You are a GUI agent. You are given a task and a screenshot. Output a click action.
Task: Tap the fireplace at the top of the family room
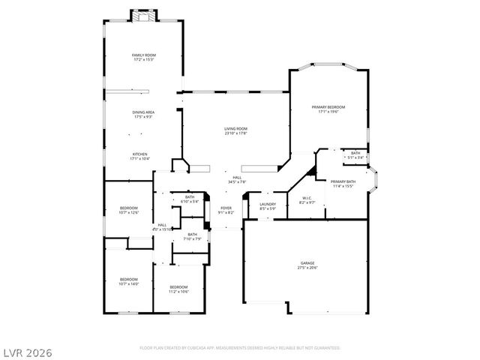click(142, 16)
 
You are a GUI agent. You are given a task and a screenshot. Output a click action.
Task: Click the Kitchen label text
click(140, 156)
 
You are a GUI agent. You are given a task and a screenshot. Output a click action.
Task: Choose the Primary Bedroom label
click(329, 109)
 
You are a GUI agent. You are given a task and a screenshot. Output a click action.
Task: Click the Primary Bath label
click(343, 184)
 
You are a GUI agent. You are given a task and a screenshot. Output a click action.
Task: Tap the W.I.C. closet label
click(307, 201)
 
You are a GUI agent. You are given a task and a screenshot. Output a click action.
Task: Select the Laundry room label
click(268, 206)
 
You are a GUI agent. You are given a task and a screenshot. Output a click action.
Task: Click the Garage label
click(307, 265)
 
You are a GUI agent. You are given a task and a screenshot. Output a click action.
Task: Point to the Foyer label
click(226, 210)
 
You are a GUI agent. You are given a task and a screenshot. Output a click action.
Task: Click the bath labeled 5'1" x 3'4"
click(355, 155)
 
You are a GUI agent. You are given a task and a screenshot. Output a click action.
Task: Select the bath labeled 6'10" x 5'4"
click(190, 199)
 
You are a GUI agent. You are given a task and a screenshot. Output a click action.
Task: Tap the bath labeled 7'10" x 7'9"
click(193, 236)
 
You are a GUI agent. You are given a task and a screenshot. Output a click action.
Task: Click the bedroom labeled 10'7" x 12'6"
click(129, 210)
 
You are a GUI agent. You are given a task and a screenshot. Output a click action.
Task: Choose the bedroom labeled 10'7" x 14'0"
click(129, 282)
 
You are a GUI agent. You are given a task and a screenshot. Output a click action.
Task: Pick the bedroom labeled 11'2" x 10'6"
click(178, 289)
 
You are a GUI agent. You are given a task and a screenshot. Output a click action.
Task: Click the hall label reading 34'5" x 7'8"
click(236, 180)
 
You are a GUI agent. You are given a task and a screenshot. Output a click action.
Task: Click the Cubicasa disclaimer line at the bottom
click(240, 348)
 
